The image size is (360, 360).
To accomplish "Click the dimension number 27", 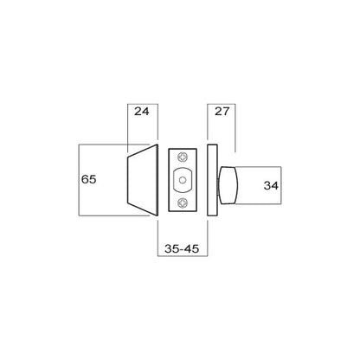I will point(221,112).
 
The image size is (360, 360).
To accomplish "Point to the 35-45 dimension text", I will point(181,248).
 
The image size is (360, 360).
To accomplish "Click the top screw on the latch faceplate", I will point(182,157).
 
